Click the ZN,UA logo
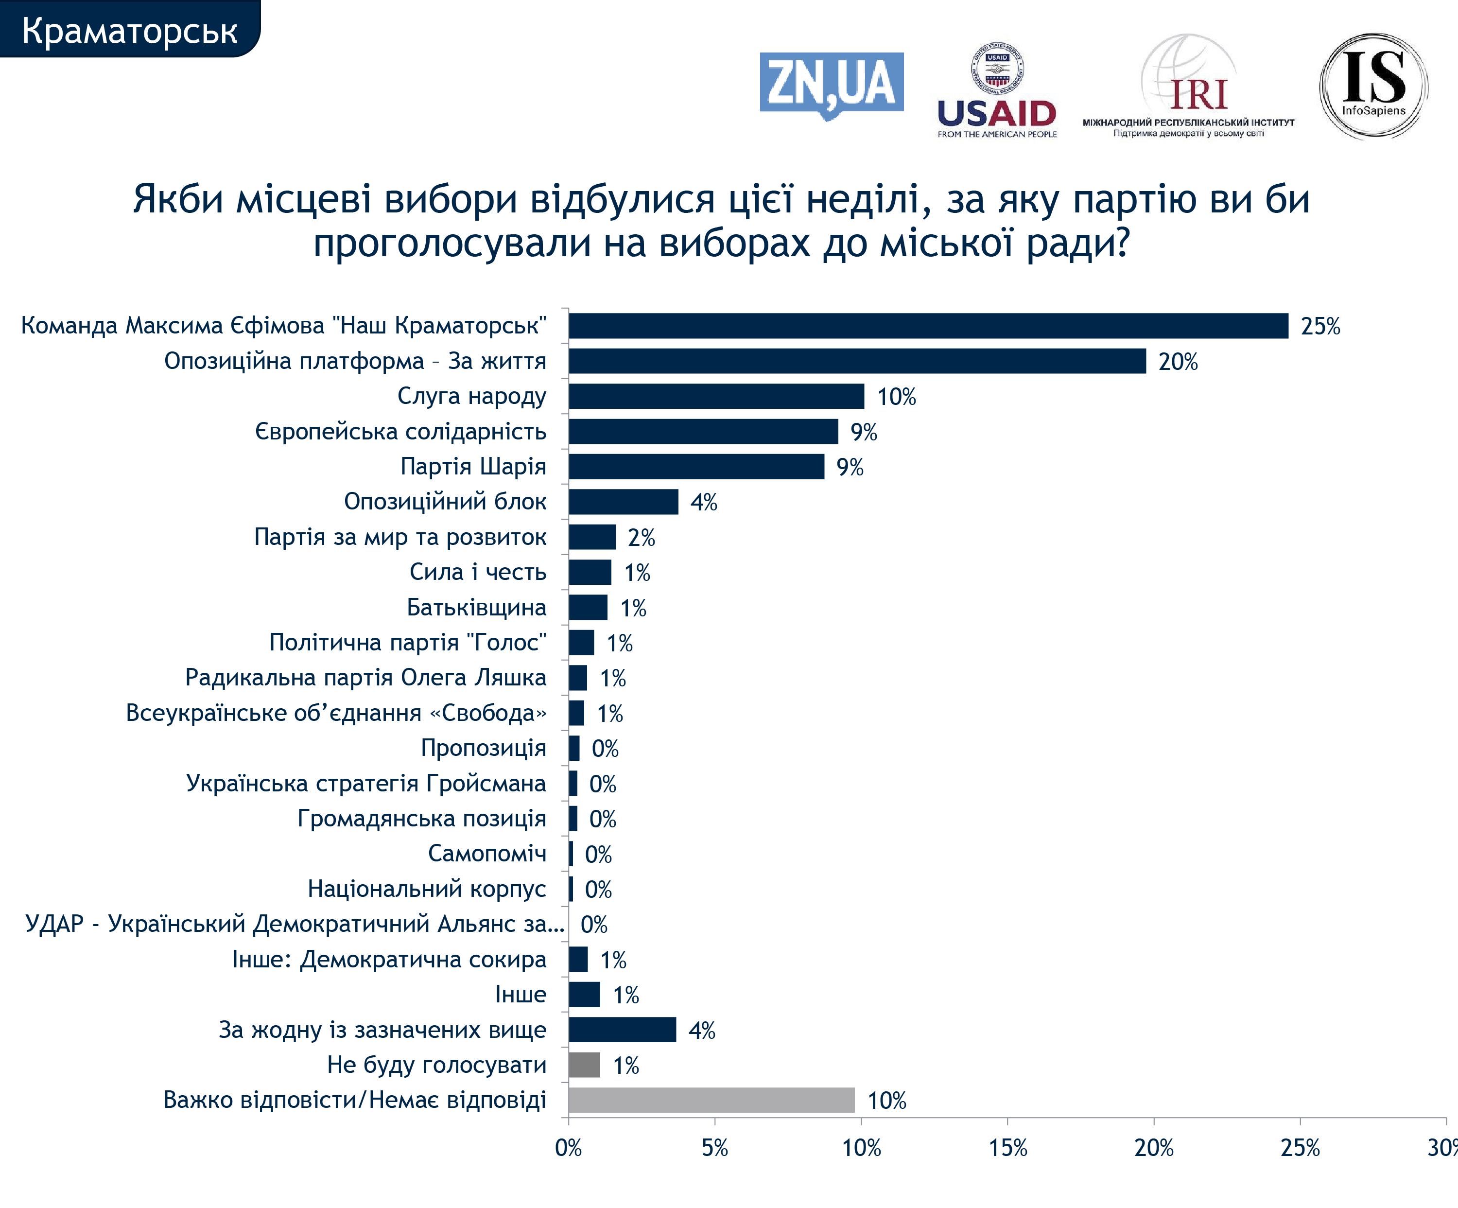click(831, 83)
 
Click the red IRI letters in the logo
click(1198, 95)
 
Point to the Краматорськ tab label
click(129, 31)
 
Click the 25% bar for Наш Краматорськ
click(928, 326)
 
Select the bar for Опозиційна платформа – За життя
click(857, 361)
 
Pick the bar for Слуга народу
click(716, 396)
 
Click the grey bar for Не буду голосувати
click(584, 1065)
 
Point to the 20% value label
click(1178, 362)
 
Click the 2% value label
click(641, 537)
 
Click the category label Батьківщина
click(476, 608)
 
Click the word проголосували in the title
click(451, 244)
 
